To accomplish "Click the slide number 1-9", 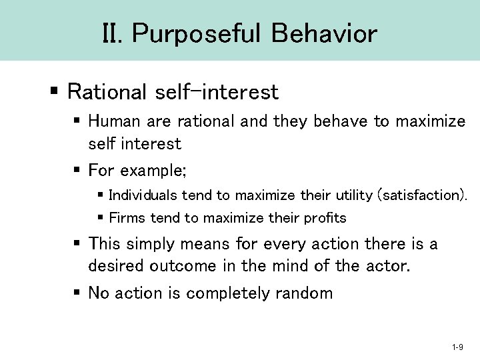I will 457,347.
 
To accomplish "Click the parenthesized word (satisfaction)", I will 422,195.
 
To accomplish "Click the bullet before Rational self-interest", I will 56,91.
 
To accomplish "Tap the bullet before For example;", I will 77,171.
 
